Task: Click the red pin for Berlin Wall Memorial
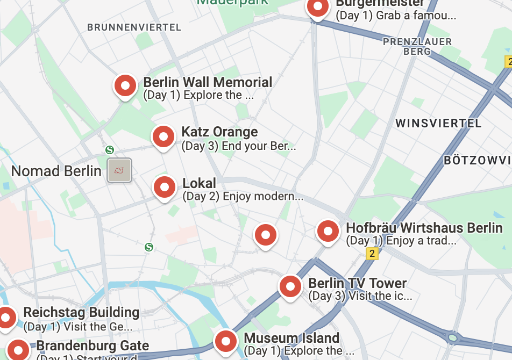[x=125, y=85]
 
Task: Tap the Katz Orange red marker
[x=163, y=136]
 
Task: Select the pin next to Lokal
[x=165, y=187]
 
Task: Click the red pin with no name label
[x=265, y=235]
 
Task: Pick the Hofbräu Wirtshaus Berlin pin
[x=328, y=232]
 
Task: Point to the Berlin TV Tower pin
[x=290, y=286]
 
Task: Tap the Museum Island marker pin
[x=225, y=341]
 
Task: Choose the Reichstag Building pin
[x=6, y=317]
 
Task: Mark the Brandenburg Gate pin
[x=19, y=349]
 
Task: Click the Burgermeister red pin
[x=317, y=8]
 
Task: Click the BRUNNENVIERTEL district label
[x=134, y=27]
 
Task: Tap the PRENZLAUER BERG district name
[x=417, y=47]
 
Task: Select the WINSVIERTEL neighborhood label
[x=438, y=124]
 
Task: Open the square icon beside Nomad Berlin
[x=119, y=170]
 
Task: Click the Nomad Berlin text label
[x=56, y=171]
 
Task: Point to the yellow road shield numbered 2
[x=372, y=254]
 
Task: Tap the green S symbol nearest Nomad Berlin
[x=110, y=150]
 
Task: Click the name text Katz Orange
[x=219, y=132]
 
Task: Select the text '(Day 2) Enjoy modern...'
[x=243, y=197]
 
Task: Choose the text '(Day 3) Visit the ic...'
[x=360, y=296]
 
